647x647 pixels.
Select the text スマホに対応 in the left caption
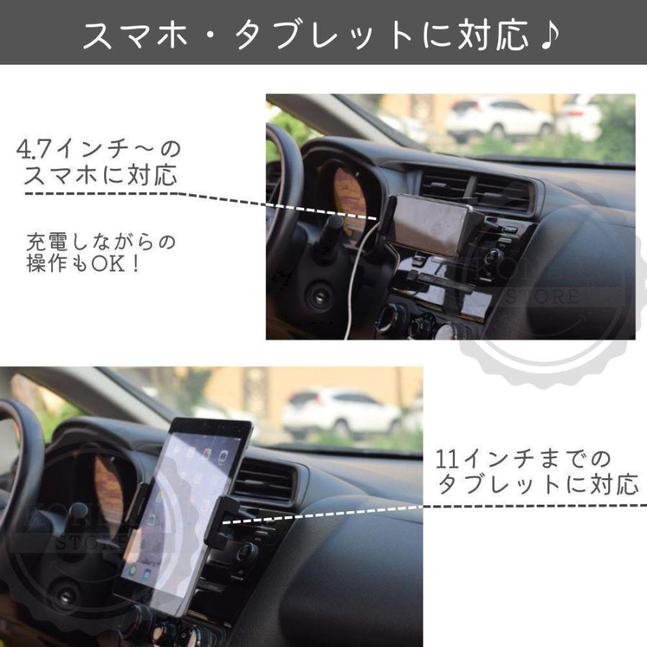click(x=101, y=175)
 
